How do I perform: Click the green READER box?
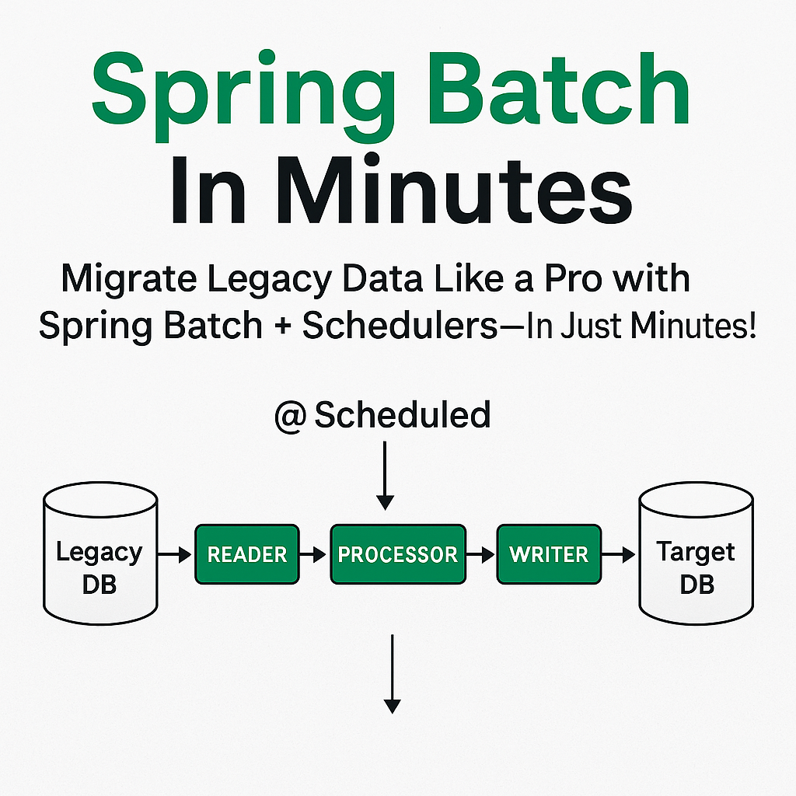pyautogui.click(x=246, y=554)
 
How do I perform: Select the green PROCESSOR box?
pyautogui.click(x=397, y=554)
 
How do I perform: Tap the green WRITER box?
pyautogui.click(x=548, y=554)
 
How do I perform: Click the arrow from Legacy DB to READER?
pyautogui.click(x=175, y=555)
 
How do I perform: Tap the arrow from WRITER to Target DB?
pyautogui.click(x=618, y=555)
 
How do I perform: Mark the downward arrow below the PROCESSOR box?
pyautogui.click(x=393, y=673)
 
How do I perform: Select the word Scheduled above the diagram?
pyautogui.click(x=403, y=415)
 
